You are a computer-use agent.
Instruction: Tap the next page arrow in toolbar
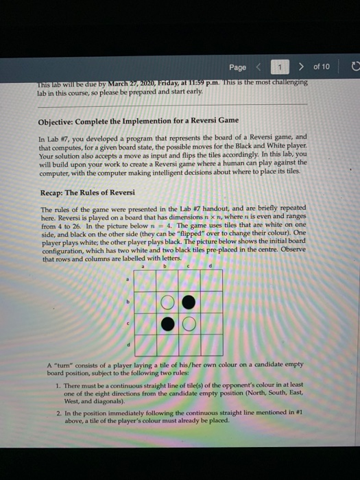(x=300, y=67)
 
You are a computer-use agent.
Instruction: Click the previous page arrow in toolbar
(x=259, y=67)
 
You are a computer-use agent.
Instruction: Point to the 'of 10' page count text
(x=321, y=67)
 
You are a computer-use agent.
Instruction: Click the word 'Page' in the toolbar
(x=238, y=67)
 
